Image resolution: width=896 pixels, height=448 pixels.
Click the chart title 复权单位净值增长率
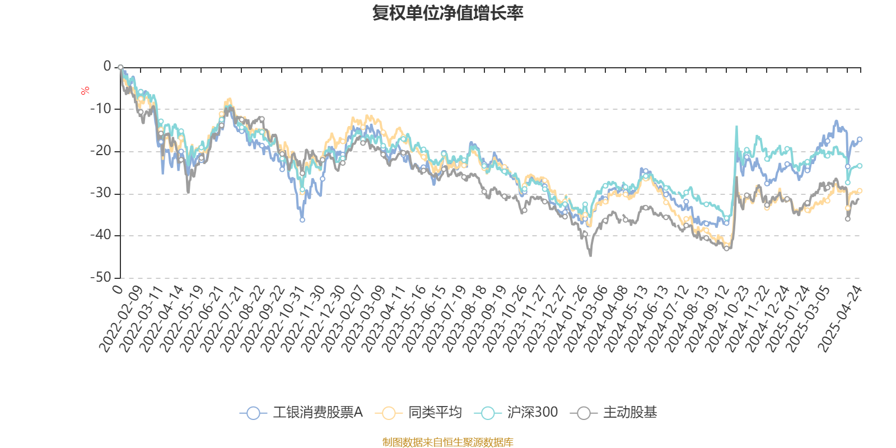point(448,13)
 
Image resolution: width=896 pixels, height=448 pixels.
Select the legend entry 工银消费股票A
point(301,413)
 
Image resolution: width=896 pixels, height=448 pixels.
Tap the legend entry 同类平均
point(419,413)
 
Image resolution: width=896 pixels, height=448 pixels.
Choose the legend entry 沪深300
point(516,413)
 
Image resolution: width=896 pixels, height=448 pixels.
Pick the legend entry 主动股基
point(614,413)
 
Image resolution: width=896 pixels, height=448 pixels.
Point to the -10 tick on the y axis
point(101,109)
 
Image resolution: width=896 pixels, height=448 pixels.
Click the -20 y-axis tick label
point(101,151)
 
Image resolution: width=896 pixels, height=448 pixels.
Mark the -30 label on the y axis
point(101,193)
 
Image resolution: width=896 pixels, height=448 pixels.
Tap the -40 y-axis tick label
point(101,235)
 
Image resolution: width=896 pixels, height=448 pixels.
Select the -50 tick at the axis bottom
point(101,277)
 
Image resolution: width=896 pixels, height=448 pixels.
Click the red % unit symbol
point(85,91)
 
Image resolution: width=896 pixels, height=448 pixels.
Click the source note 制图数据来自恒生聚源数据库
point(448,442)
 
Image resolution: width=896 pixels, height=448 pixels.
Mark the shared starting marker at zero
point(120,67)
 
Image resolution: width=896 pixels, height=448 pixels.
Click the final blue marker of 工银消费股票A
point(860,139)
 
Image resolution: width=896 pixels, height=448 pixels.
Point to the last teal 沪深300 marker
point(860,166)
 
